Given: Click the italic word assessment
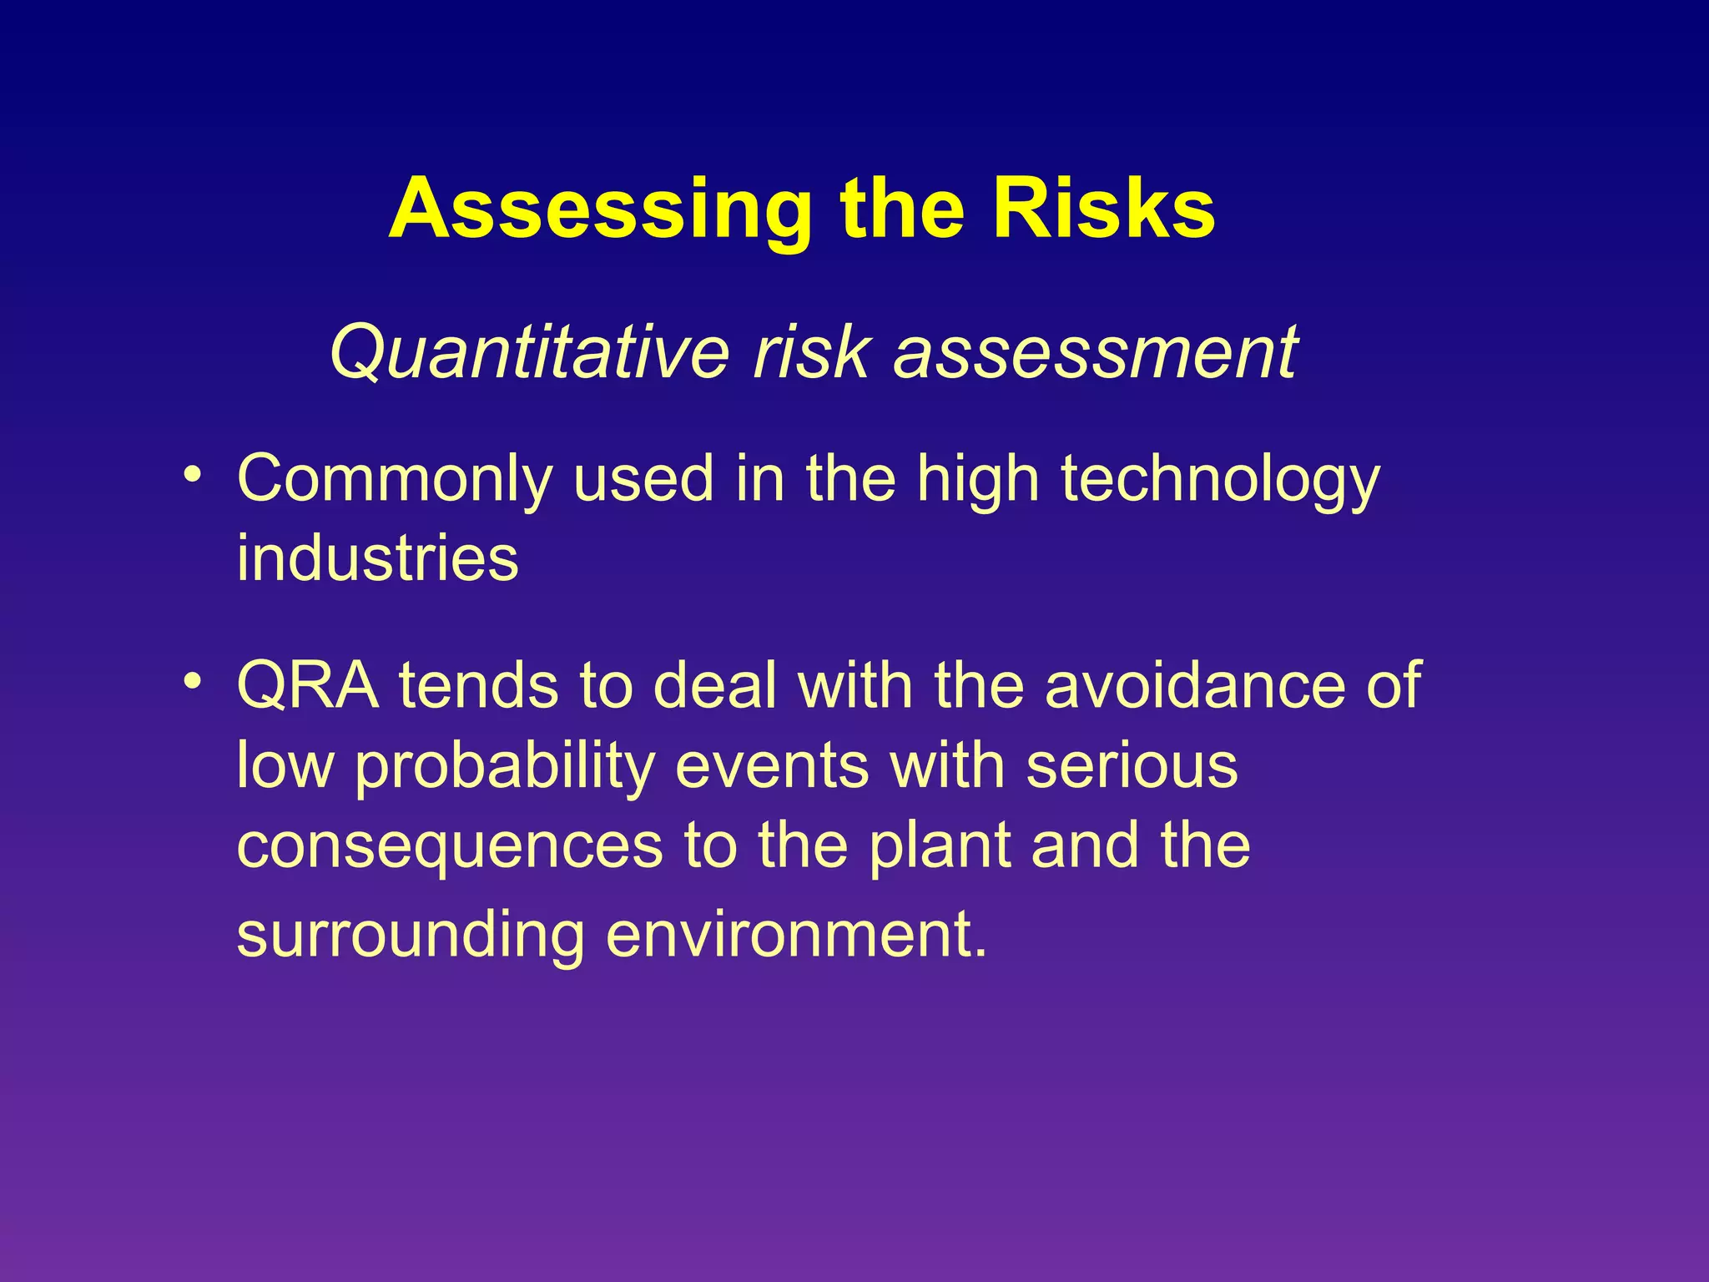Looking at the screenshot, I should pyautogui.click(x=1095, y=353).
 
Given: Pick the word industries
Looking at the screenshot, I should pyautogui.click(x=377, y=558).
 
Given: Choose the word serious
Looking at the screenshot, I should pyautogui.click(x=1132, y=766).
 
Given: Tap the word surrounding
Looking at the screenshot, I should pyautogui.click(x=410, y=935).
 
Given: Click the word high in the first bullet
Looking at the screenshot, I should pyautogui.click(x=977, y=480).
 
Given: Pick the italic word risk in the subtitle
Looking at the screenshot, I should pyautogui.click(x=811, y=353).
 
